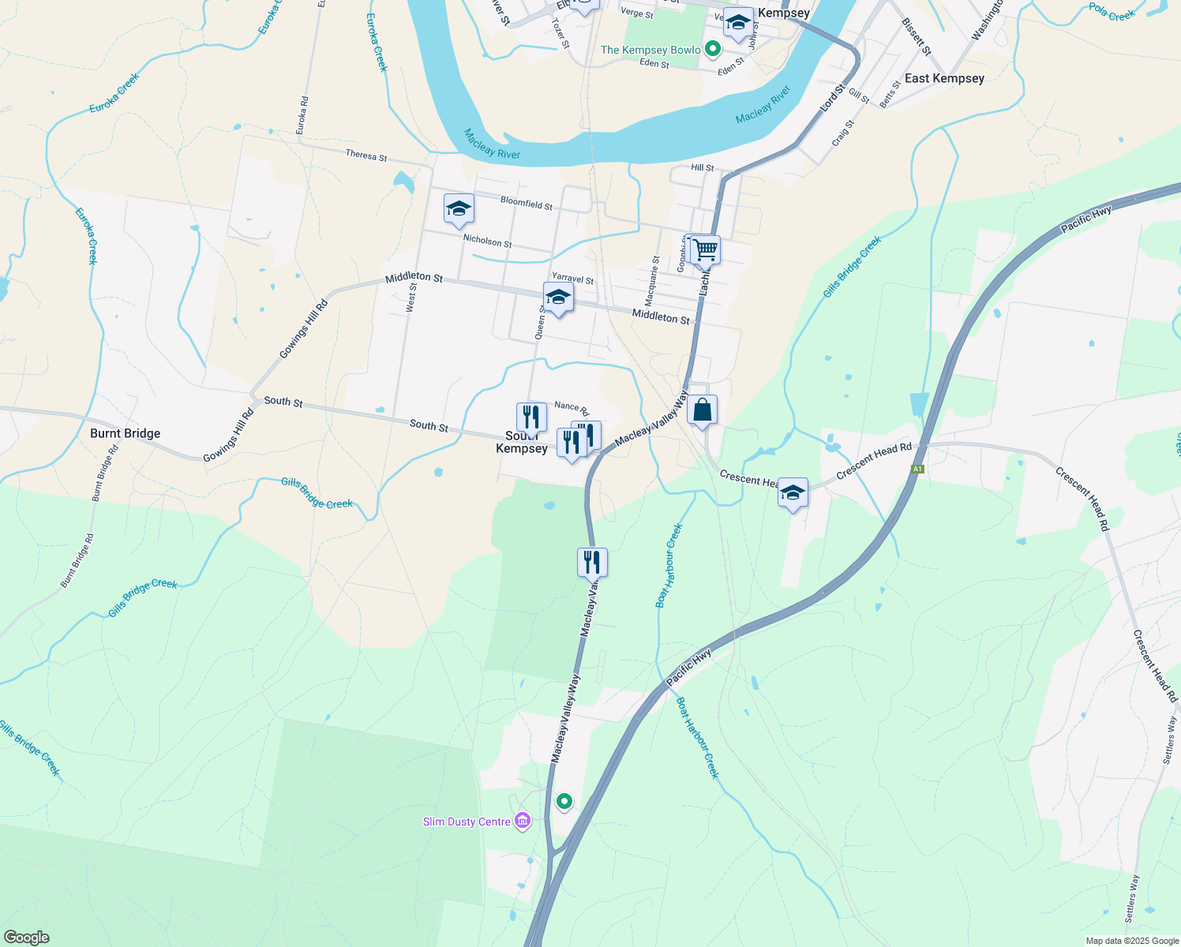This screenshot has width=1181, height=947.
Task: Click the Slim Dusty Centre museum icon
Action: point(522,822)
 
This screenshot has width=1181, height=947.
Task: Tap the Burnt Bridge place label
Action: point(125,433)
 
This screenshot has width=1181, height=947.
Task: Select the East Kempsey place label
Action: point(944,78)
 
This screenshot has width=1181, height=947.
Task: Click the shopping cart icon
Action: point(705,249)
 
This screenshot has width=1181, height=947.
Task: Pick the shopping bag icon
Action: point(702,410)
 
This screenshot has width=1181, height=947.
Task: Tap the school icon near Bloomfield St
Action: point(459,209)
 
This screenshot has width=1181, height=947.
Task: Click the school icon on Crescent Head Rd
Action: point(793,493)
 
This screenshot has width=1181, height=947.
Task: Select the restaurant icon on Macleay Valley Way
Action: point(592,563)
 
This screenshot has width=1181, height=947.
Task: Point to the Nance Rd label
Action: point(572,408)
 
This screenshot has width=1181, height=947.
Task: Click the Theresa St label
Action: point(366,155)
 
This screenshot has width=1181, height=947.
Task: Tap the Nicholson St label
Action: point(487,240)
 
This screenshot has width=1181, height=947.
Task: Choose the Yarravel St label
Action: point(572,279)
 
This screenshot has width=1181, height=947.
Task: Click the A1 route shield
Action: point(917,470)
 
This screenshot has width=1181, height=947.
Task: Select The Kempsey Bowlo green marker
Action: point(713,50)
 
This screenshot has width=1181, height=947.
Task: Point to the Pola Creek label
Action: point(1112,12)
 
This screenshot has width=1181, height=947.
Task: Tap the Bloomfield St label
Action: point(527,204)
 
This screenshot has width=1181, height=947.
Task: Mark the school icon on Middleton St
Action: point(558,298)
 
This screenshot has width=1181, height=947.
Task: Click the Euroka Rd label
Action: point(303,114)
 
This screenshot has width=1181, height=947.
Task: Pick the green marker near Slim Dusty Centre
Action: point(564,802)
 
